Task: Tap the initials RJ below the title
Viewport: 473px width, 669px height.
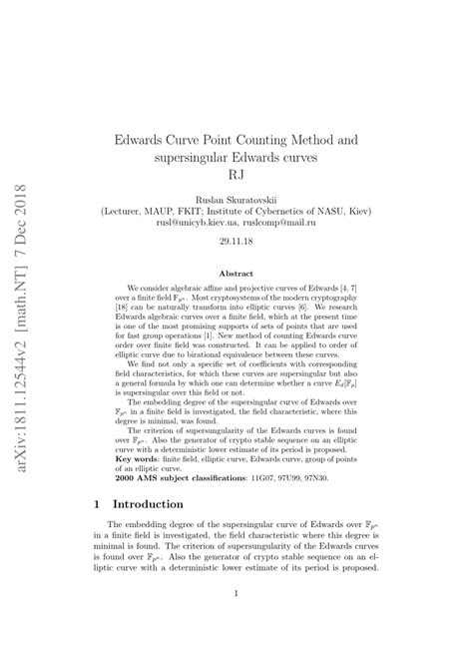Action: [x=236, y=173]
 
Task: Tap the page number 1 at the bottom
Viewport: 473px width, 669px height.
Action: [x=236, y=621]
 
